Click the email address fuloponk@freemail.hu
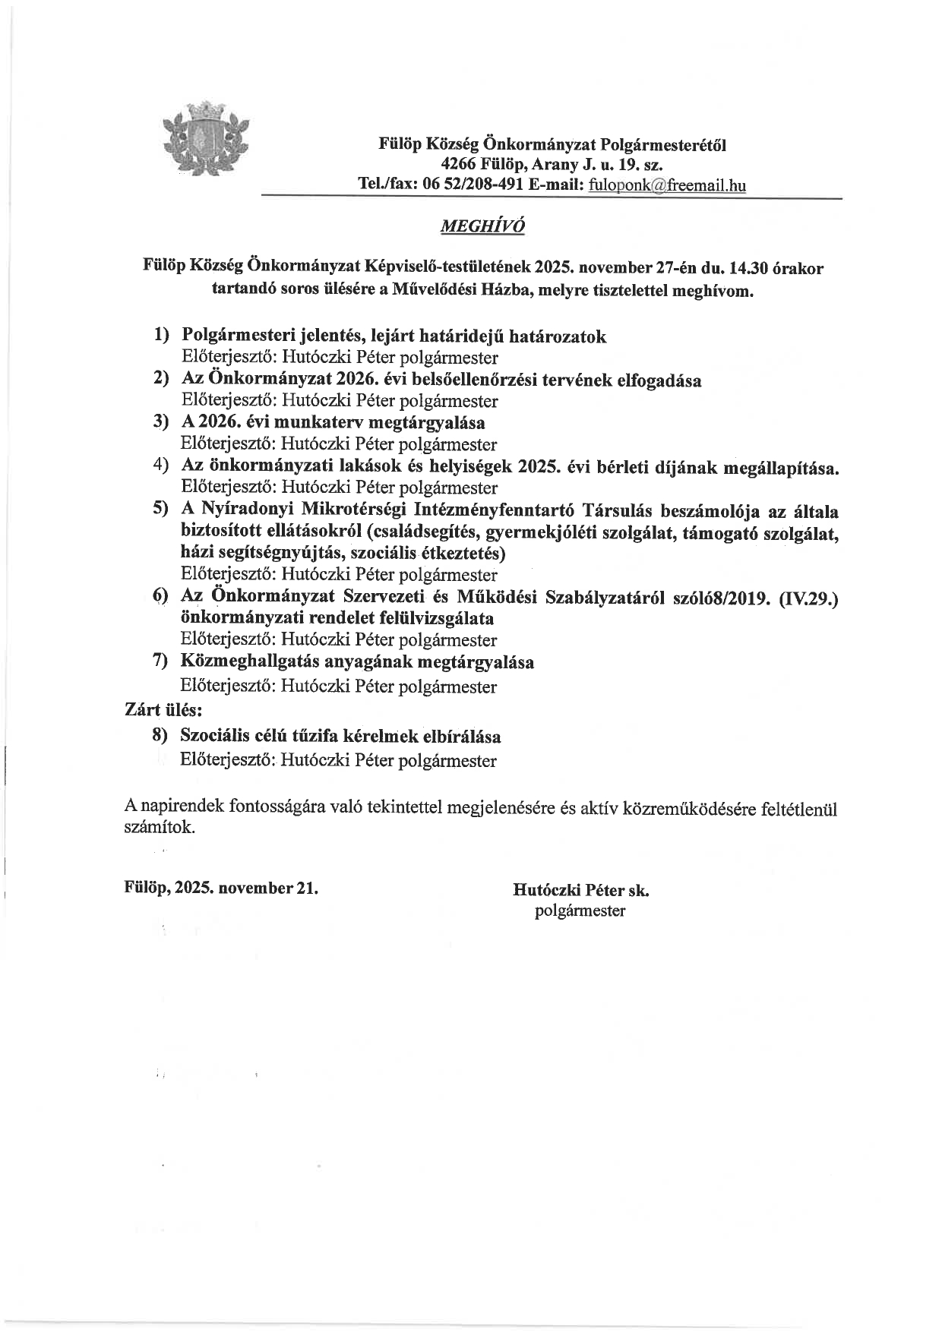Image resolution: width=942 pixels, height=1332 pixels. pyautogui.click(x=667, y=185)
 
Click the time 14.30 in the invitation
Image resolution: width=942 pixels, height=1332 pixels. pyautogui.click(x=750, y=268)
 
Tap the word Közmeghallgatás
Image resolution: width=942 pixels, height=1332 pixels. pyautogui.click(x=250, y=662)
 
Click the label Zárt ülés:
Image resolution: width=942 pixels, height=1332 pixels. pyautogui.click(x=163, y=711)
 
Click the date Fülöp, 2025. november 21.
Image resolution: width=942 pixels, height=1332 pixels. pyautogui.click(x=221, y=888)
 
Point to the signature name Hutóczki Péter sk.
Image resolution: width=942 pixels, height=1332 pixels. pyautogui.click(x=581, y=889)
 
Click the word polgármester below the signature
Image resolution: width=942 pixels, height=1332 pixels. pyautogui.click(x=580, y=911)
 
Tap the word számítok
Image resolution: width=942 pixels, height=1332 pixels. pyautogui.click(x=159, y=828)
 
